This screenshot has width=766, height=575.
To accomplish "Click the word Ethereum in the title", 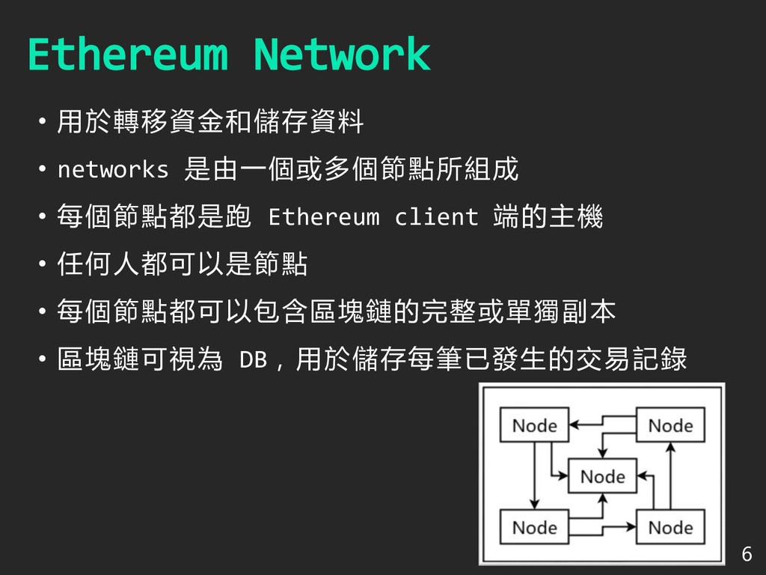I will tap(127, 55).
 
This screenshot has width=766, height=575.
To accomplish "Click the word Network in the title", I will tap(341, 55).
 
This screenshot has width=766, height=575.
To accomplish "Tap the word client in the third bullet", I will tap(436, 217).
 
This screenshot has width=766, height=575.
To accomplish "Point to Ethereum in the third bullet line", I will tap(323, 217).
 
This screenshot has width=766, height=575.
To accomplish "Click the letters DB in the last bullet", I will tap(252, 360).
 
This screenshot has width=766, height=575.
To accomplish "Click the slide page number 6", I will tap(745, 555).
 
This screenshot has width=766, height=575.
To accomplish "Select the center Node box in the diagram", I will tap(602, 476).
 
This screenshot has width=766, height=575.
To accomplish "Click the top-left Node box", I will tap(534, 425).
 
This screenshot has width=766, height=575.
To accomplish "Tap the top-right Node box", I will tap(670, 425).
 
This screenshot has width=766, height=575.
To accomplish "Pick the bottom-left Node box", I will tap(534, 527).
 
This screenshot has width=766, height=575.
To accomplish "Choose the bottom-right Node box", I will tap(670, 527).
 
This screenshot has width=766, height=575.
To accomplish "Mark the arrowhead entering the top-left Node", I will tap(574, 425).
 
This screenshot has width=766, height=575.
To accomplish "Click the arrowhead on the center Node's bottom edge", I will tap(601, 498).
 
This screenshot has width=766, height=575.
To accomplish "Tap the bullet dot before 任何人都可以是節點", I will tap(43, 264).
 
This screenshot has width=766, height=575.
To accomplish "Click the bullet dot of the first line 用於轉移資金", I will tap(43, 122).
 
